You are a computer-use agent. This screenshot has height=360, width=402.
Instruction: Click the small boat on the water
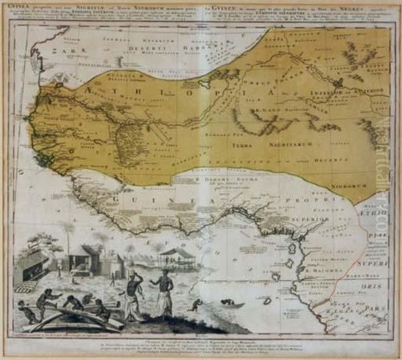233,304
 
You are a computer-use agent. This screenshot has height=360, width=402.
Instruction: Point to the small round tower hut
117,263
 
